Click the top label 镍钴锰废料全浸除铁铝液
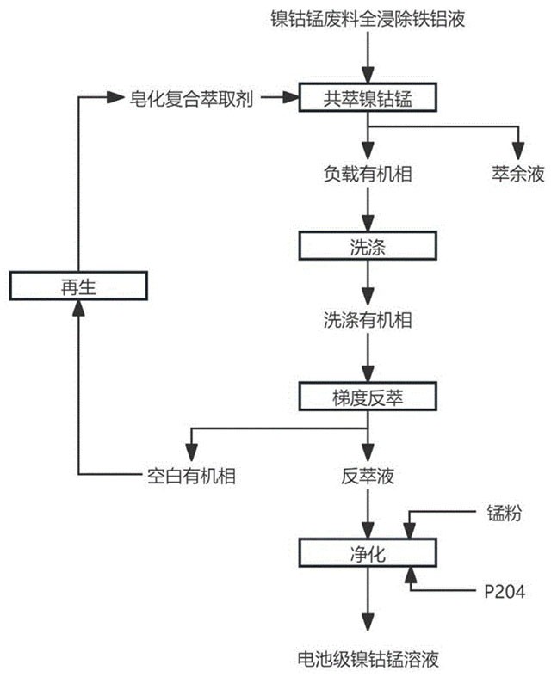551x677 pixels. (368, 19)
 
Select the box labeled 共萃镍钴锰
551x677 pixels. (368, 98)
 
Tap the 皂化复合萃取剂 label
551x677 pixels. (191, 98)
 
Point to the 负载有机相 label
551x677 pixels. (368, 174)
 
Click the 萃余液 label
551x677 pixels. (518, 174)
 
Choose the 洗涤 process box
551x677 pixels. (368, 248)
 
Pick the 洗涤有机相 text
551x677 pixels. (368, 321)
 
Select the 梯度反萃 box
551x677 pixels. (368, 396)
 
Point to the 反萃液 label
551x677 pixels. (368, 476)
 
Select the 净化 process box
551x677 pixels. (368, 553)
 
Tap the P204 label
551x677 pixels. (503, 591)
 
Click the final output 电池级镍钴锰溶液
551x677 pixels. (368, 661)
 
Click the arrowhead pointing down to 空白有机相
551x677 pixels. (189, 453)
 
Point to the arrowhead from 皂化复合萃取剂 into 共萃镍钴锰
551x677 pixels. (288, 98)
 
